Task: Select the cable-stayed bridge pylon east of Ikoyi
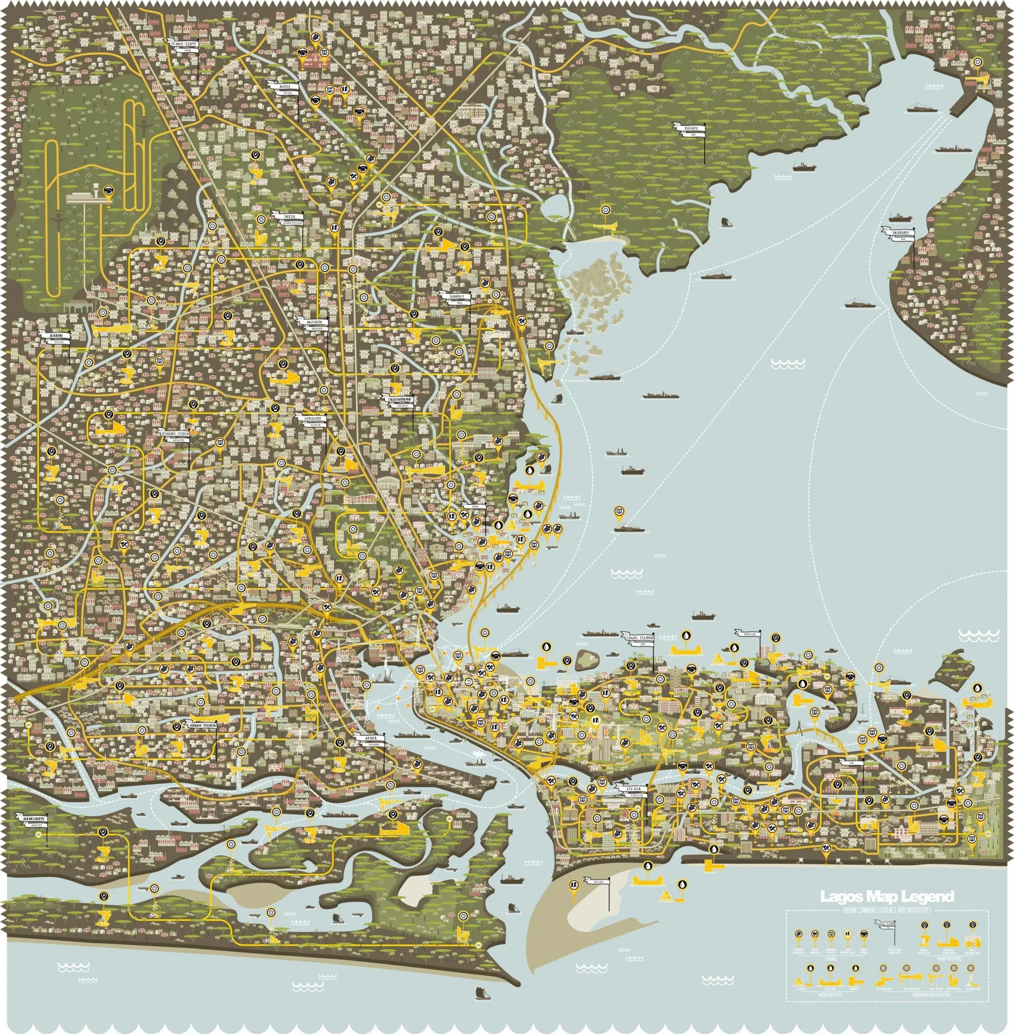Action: click(x=800, y=728)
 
